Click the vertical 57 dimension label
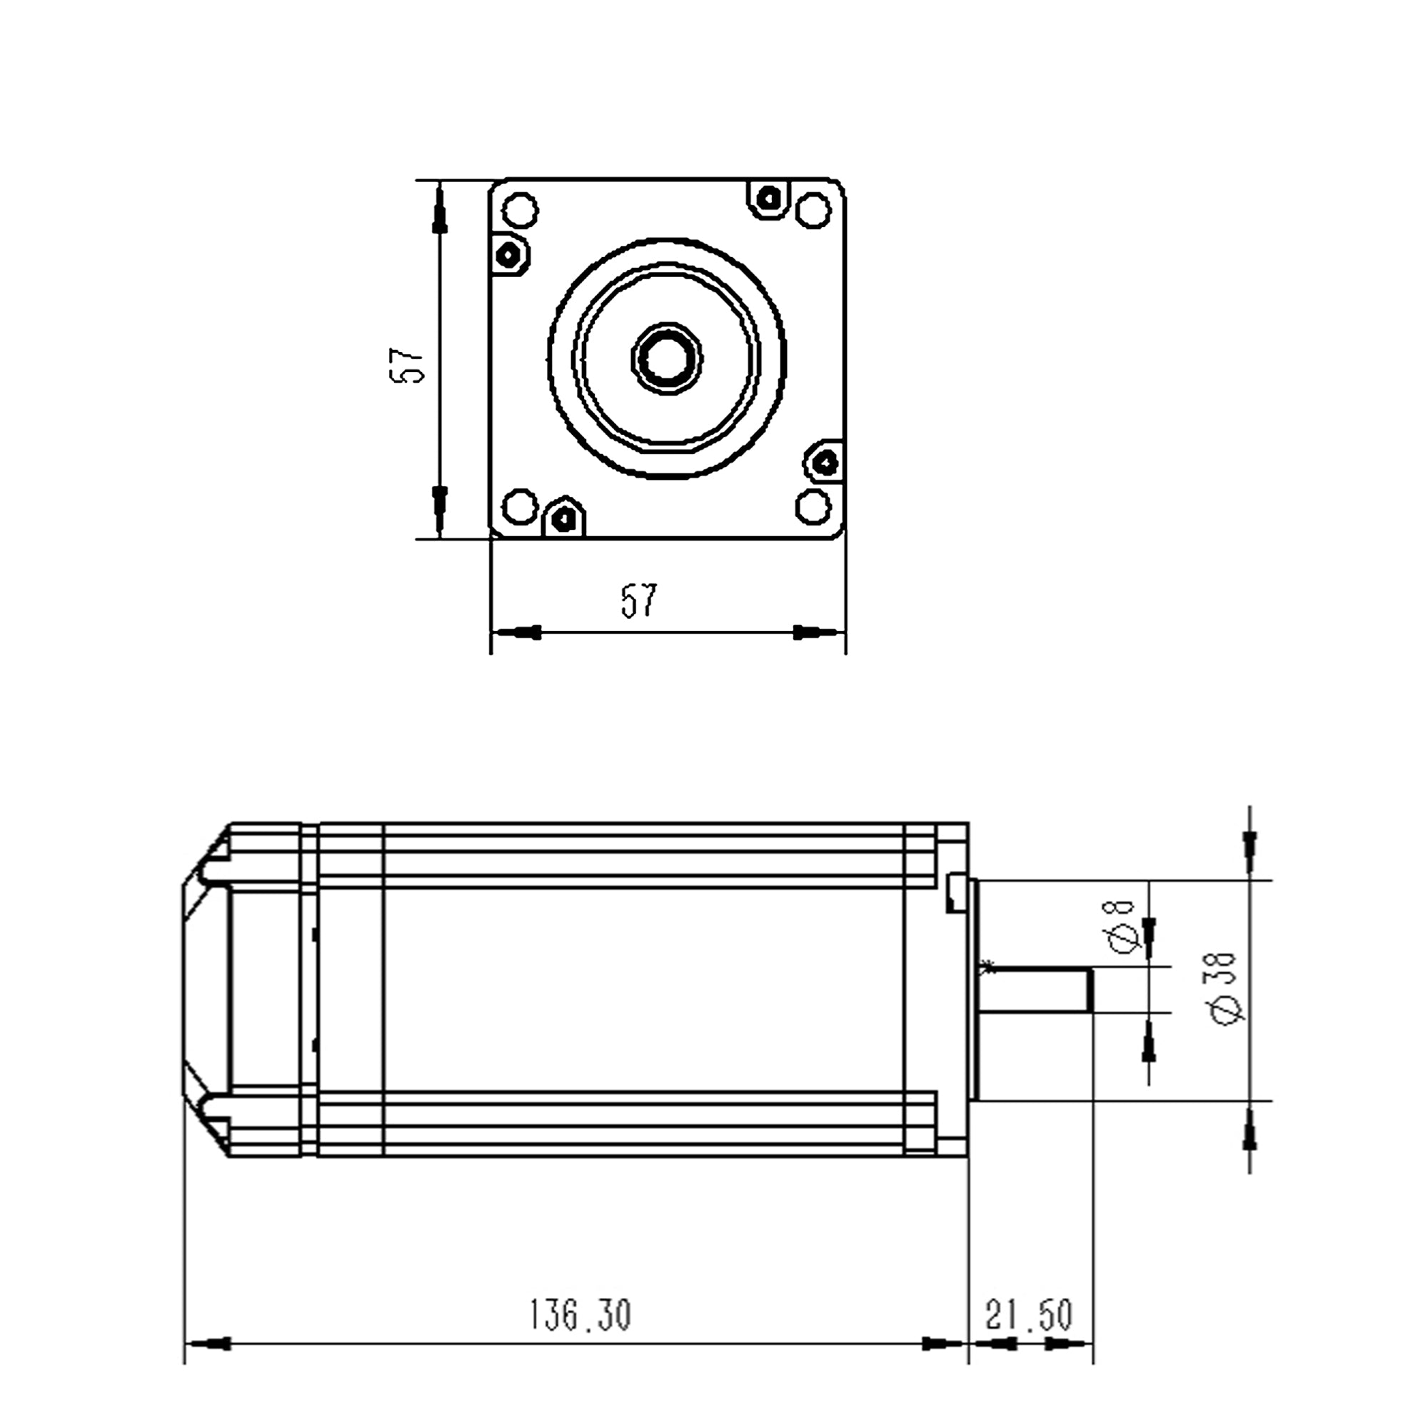(407, 365)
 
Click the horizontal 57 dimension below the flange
(638, 600)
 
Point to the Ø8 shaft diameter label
(1123, 927)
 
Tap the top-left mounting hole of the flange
(521, 210)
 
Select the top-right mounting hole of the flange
(814, 210)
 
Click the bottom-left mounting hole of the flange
(521, 507)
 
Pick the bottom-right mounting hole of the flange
(814, 507)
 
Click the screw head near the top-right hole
(770, 198)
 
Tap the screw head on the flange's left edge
(509, 256)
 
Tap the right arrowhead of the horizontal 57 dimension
(818, 633)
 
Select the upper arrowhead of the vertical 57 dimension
(440, 210)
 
